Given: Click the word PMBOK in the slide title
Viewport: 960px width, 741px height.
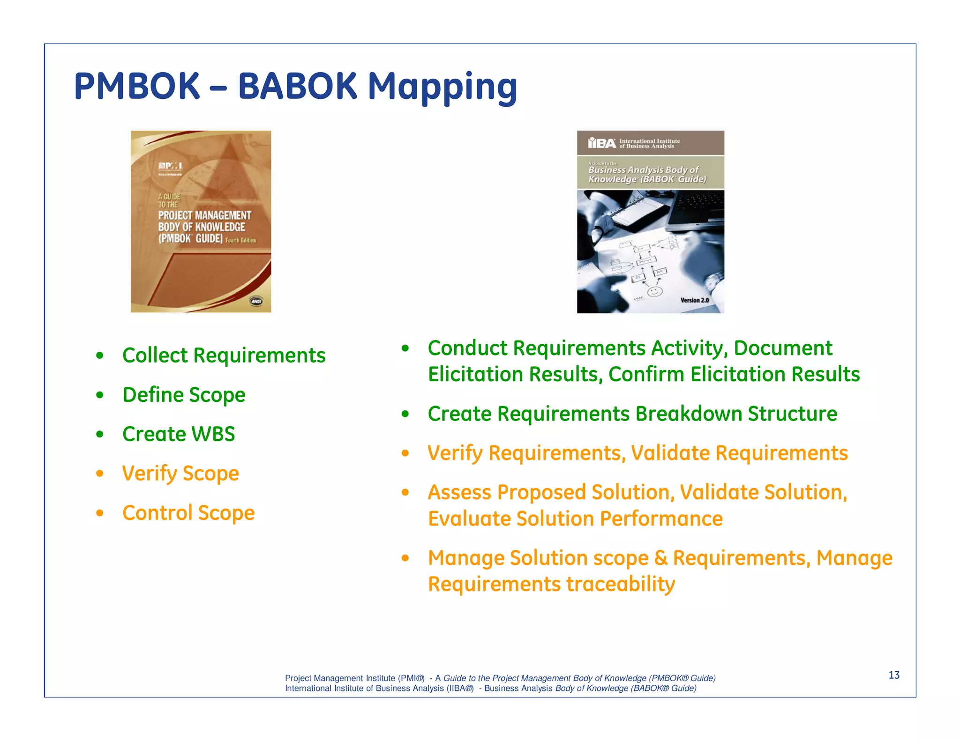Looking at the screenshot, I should [137, 87].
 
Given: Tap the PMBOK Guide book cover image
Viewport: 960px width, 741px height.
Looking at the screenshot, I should [201, 221].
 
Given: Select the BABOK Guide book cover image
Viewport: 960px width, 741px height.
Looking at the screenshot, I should [650, 222].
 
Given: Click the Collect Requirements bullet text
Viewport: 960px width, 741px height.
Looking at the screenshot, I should [224, 355].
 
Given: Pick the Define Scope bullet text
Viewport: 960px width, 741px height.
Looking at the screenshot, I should [184, 395].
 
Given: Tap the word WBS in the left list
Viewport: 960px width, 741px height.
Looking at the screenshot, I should [213, 434].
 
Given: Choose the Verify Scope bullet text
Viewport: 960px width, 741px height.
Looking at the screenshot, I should [180, 474].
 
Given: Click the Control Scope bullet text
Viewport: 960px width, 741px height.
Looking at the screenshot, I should [188, 513].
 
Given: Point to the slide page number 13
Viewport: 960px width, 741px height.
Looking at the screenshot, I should [894, 675].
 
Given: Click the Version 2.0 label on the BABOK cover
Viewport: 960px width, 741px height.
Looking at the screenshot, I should [694, 300].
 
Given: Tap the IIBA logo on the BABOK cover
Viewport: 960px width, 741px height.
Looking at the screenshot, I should [602, 143].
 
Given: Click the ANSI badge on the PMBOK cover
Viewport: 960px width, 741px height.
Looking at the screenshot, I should [256, 302].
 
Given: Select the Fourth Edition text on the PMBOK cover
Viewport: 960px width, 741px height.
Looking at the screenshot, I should [240, 240].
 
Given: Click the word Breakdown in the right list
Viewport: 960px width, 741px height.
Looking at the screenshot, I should [689, 414].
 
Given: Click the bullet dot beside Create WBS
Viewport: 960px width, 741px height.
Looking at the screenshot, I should [99, 435].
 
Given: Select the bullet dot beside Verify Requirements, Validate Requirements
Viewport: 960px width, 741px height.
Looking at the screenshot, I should [405, 453].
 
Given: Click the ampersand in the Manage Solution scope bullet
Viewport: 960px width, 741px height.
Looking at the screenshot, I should [660, 558].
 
